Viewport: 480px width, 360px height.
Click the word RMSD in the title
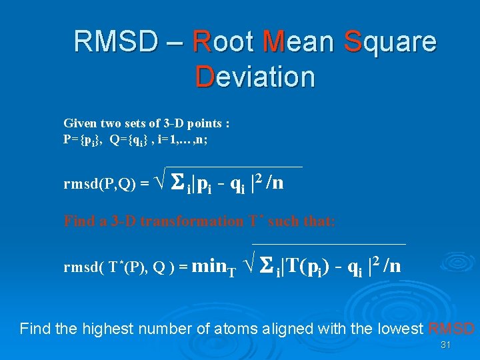tap(115, 42)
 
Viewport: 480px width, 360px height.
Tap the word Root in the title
tap(223, 42)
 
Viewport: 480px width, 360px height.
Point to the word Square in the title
tap(390, 43)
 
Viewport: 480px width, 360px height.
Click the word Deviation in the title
tap(255, 77)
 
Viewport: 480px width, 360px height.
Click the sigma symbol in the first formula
tap(178, 181)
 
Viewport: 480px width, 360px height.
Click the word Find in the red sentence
tap(77, 221)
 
